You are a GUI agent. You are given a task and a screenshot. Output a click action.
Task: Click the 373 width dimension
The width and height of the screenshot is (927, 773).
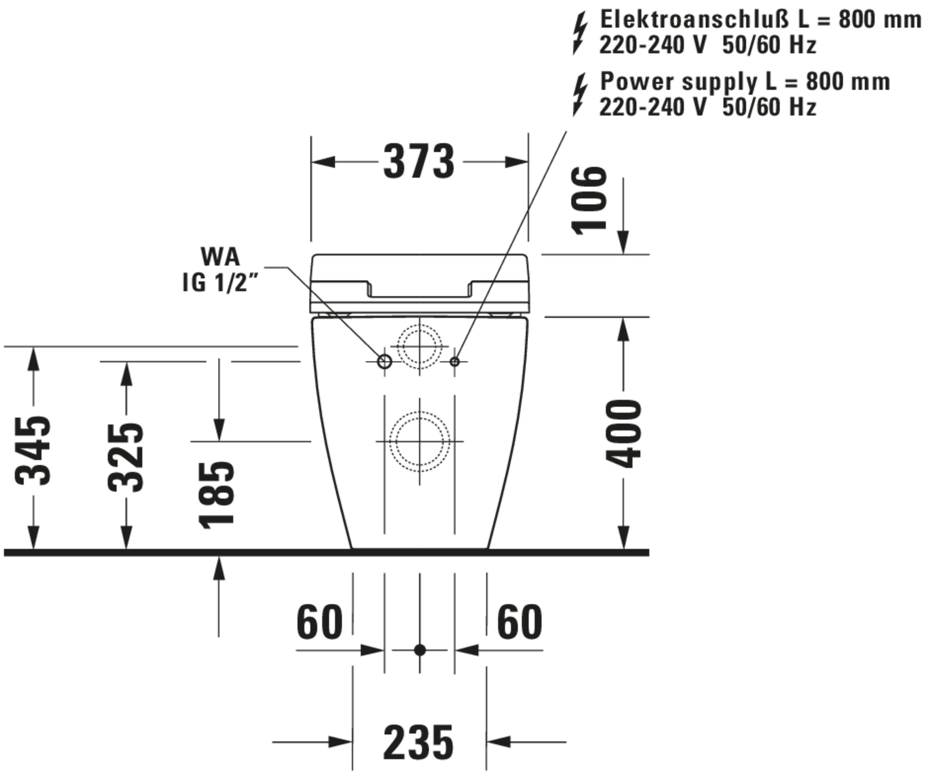418,161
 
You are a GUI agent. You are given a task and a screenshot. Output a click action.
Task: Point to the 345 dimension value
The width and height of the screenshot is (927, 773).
33,450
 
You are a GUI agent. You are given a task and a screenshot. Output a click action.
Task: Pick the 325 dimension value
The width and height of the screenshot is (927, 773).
126,457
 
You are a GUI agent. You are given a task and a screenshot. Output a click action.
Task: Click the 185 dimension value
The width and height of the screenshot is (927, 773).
216,495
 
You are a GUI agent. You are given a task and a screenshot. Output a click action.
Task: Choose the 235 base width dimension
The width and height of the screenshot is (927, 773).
418,742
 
